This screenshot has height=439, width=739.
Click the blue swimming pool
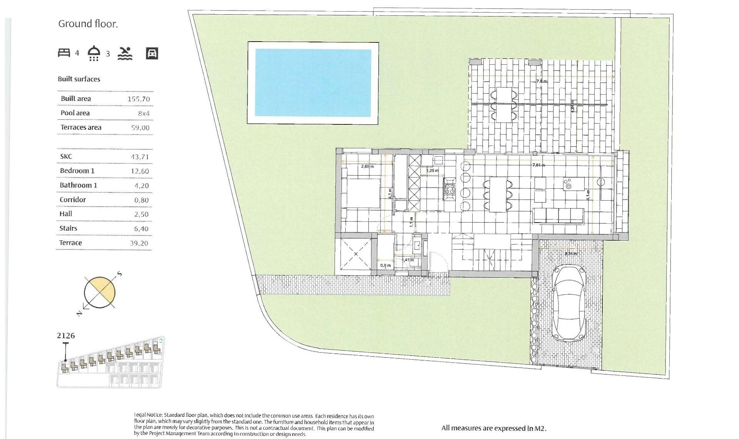pos(313,83)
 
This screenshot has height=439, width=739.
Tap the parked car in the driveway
pos(569,303)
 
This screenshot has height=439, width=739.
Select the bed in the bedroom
pos(362,193)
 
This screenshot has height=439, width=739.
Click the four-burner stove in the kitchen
pos(450,189)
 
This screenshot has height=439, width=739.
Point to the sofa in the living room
pos(558,216)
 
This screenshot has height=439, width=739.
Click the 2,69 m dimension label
pos(367,166)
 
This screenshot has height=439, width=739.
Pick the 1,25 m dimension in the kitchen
pos(432,171)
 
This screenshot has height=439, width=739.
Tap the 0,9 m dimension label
pos(385,265)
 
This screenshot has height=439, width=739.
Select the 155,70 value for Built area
pos(139,99)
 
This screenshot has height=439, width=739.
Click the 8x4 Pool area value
pos(144,114)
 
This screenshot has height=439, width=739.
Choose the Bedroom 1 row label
pos(77,171)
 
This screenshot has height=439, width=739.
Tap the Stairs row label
pos(68,228)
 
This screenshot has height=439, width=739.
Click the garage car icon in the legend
pos(152,53)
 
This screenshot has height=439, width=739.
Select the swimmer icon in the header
pos(125,54)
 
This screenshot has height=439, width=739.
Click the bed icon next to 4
pos(64,53)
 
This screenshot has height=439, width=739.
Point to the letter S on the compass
pos(120,274)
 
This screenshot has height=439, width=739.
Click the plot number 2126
pos(66,336)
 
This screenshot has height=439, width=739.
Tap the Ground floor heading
pos(88,24)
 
